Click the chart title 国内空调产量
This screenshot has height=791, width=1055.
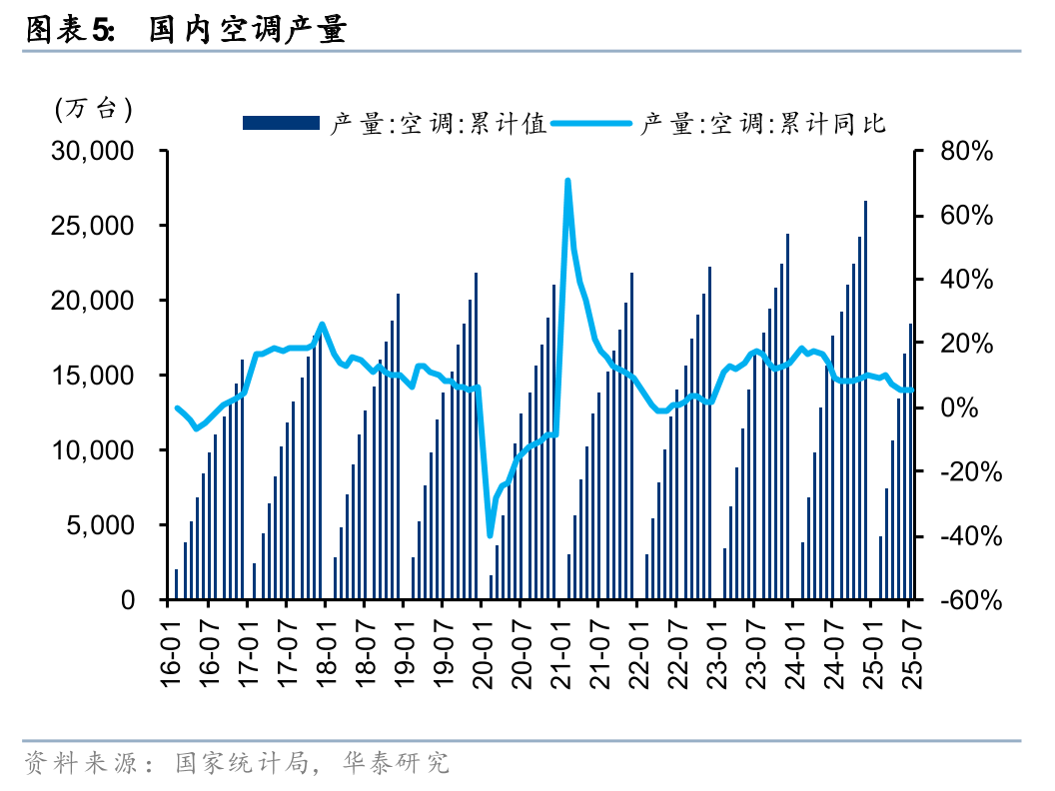[x=247, y=30]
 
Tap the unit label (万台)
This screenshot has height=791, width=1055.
[x=93, y=108]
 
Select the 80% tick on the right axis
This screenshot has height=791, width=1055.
[x=965, y=151]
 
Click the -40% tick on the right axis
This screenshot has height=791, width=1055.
[x=965, y=536]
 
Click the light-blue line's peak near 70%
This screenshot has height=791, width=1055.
[x=567, y=182]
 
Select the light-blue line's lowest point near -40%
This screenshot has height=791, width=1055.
[x=490, y=535]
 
